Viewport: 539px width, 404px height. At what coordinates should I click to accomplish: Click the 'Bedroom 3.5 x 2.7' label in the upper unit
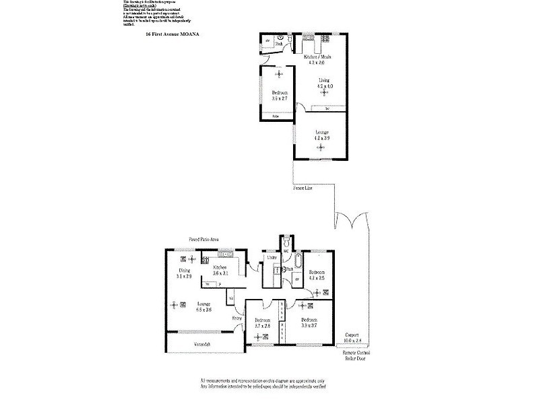tap(280, 96)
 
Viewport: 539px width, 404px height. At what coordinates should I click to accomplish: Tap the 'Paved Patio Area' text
tap(203, 238)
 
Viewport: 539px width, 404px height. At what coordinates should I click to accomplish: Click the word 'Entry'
tap(237, 318)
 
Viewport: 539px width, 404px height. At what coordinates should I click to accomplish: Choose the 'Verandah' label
tap(203, 345)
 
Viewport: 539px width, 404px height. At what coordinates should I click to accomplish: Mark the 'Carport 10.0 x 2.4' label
tap(352, 337)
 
